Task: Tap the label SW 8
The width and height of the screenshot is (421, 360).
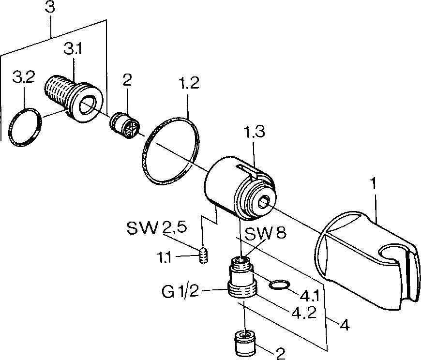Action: pyautogui.click(x=266, y=235)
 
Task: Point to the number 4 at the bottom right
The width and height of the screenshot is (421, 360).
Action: pyautogui.click(x=345, y=325)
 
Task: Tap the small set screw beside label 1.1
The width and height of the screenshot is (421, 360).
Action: pyautogui.click(x=204, y=255)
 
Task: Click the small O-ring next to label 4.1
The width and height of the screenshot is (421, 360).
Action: pyautogui.click(x=278, y=285)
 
